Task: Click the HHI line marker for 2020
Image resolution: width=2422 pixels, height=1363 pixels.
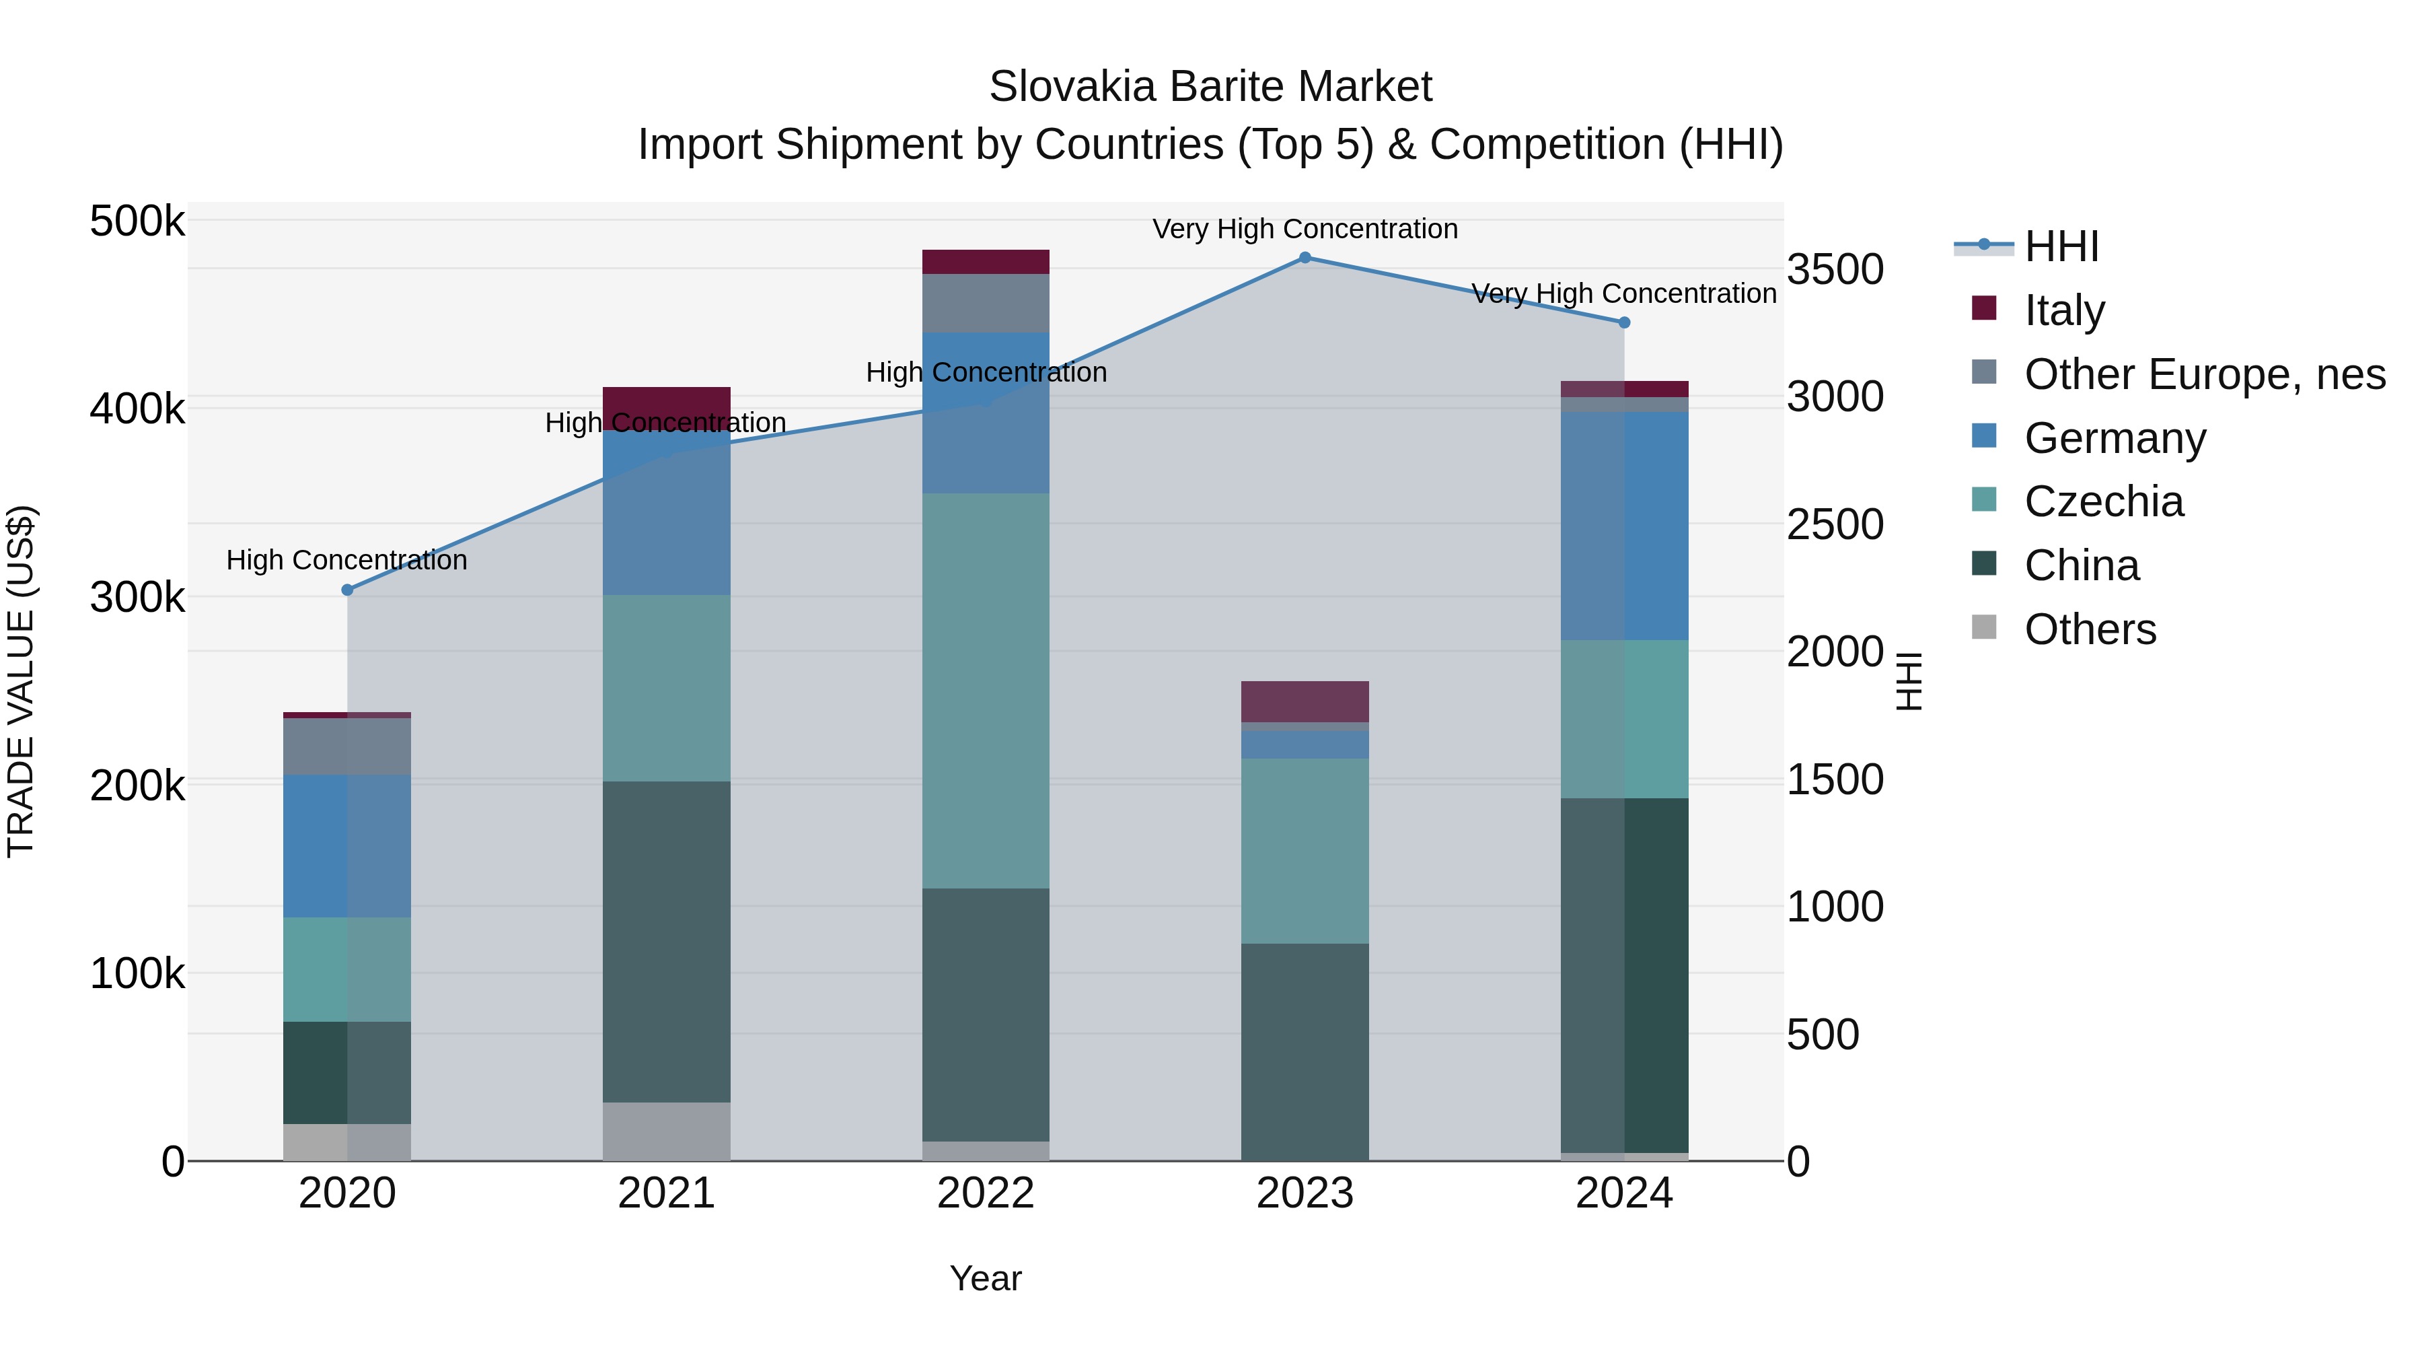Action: [347, 590]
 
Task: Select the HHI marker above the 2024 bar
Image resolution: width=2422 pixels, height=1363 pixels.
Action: [1624, 322]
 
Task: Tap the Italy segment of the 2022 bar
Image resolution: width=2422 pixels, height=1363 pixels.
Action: [986, 262]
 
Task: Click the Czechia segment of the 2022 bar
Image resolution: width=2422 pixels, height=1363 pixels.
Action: [986, 691]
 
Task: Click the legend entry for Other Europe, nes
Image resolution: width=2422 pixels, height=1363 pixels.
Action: [2204, 374]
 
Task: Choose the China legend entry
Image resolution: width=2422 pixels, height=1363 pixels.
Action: [2081, 565]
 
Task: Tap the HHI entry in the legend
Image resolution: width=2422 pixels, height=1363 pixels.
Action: [2061, 246]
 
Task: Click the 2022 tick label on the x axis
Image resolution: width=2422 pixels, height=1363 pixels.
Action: [986, 1193]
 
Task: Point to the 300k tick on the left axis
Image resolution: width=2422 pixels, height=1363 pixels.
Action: [137, 597]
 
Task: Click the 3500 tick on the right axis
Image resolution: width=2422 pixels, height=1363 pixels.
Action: [1835, 270]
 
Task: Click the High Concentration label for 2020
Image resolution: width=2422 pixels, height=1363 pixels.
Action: [347, 560]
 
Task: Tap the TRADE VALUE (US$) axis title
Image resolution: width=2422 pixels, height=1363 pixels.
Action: [21, 681]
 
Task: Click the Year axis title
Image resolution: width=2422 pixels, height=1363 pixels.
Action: [986, 1278]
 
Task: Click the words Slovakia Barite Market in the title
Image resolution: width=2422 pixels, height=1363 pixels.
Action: [1210, 87]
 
